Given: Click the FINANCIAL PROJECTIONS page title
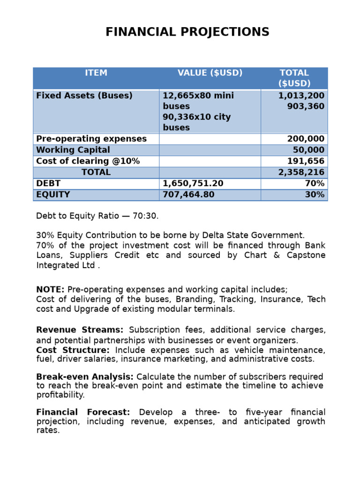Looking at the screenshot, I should click(x=187, y=32).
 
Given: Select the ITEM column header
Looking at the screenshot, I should click(x=96, y=73).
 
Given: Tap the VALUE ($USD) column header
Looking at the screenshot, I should click(x=210, y=73).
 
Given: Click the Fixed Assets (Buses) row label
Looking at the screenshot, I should click(x=84, y=96).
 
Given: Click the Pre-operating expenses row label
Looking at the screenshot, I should click(x=91, y=139).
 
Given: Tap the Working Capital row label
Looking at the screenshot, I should click(x=73, y=150).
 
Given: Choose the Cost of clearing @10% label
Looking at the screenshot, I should click(x=88, y=161).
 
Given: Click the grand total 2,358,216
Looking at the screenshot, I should click(x=301, y=172).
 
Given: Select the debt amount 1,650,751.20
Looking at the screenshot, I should click(x=193, y=184).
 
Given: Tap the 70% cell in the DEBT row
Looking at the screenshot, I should click(x=315, y=184).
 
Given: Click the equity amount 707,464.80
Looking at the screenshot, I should click(x=188, y=195).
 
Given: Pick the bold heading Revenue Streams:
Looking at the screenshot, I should click(x=80, y=330).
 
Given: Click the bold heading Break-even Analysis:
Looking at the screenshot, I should click(x=85, y=377).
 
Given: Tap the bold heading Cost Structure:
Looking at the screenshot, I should click(x=73, y=351).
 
